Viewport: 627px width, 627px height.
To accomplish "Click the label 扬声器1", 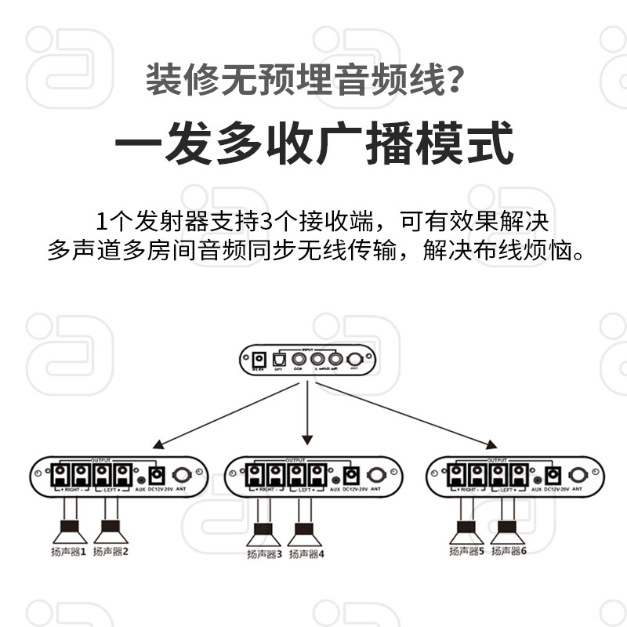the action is point(67,551).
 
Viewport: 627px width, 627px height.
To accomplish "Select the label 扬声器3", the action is point(263,554).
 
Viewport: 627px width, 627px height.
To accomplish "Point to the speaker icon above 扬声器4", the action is point(306,536).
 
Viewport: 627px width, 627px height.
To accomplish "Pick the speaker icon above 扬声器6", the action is point(507,533).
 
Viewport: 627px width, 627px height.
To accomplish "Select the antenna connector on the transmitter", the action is point(354,360).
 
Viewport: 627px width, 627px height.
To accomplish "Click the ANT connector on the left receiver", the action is point(183,475).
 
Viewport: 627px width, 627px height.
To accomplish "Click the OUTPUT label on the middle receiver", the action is point(296,460).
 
